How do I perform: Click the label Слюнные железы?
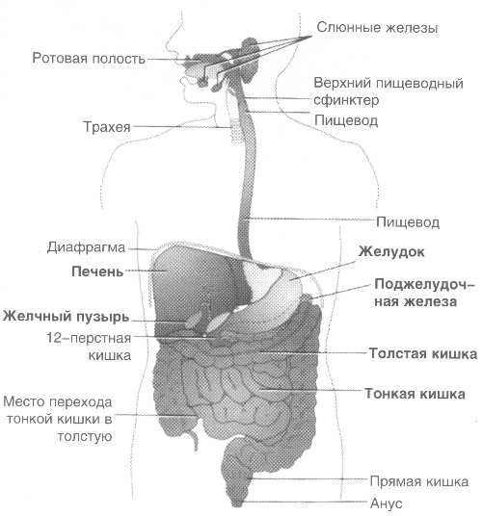pos(377,28)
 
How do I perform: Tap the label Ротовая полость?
pos(89,59)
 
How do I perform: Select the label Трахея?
pos(107,127)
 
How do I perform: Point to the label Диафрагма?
pos(86,247)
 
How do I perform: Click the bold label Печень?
pos(97,271)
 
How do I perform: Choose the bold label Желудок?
pos(391,252)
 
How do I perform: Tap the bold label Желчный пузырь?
pos(66,317)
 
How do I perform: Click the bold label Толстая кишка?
pos(422,353)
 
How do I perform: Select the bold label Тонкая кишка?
pos(415,394)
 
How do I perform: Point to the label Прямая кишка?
pos(418,481)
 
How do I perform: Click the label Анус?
pos(386,503)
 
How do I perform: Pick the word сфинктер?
pos(346,101)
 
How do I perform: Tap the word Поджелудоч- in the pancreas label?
pos(424,285)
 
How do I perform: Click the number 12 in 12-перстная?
pos(53,338)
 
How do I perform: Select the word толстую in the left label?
pos(85,437)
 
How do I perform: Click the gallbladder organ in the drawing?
pos(194,320)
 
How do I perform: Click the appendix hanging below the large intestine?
pos(195,438)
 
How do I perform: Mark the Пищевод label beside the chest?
pos(408,222)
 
